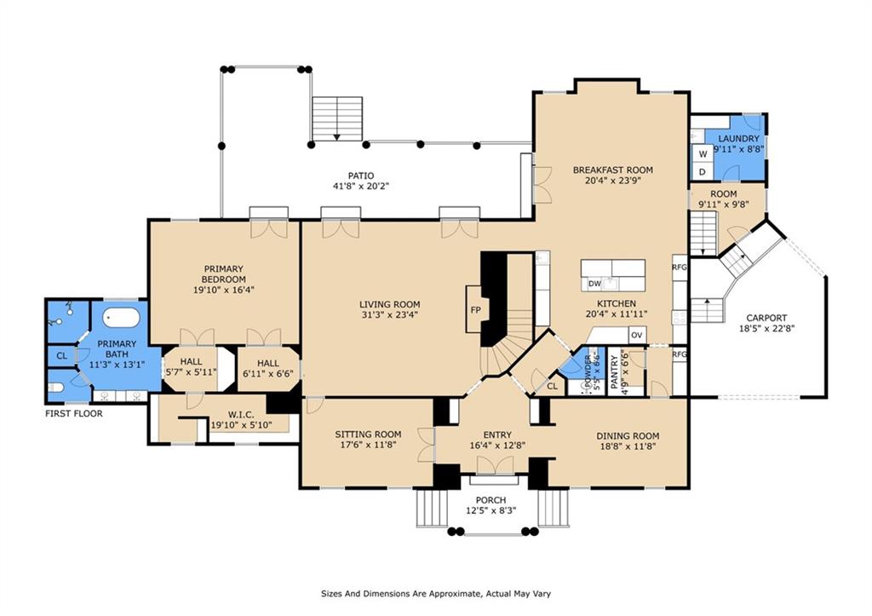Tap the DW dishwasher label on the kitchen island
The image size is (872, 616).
(x=595, y=284)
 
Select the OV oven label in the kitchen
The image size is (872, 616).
(x=635, y=335)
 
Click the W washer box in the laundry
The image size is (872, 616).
(x=703, y=154)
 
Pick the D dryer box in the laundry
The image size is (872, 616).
(x=703, y=172)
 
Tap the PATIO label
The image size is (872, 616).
(x=365, y=176)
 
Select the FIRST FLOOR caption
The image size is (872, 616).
(x=74, y=414)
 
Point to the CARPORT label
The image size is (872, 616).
(x=766, y=318)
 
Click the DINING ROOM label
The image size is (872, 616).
(x=627, y=436)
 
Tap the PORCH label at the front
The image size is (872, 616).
(x=490, y=500)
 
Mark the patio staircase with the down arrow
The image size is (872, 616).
(x=337, y=118)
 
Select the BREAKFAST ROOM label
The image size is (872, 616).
(x=612, y=170)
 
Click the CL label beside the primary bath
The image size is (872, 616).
(x=61, y=356)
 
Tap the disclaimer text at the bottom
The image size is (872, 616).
(x=435, y=594)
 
